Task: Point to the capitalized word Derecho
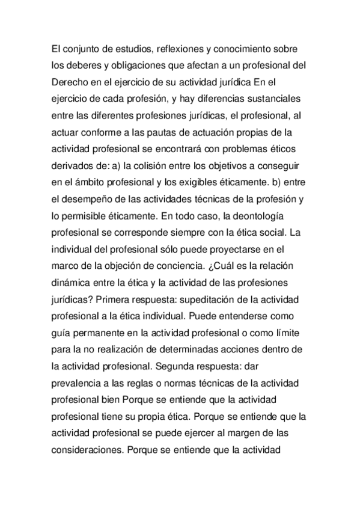(72, 81)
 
